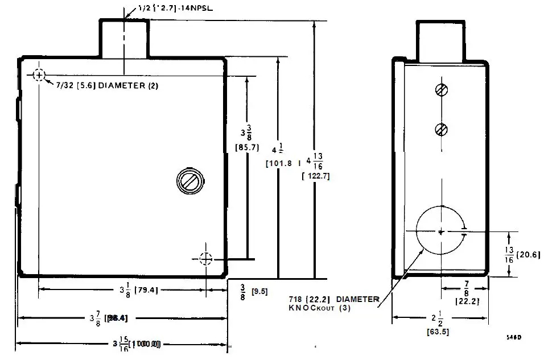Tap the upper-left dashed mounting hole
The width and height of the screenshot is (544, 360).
click(38, 75)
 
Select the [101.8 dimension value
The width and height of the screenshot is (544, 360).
click(279, 163)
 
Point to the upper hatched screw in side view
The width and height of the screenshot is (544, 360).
click(440, 90)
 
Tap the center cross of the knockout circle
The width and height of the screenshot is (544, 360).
click(441, 231)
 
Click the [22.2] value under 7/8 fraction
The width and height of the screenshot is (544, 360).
click(466, 301)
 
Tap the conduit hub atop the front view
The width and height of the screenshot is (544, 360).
click(124, 38)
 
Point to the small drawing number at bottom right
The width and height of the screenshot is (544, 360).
click(514, 337)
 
